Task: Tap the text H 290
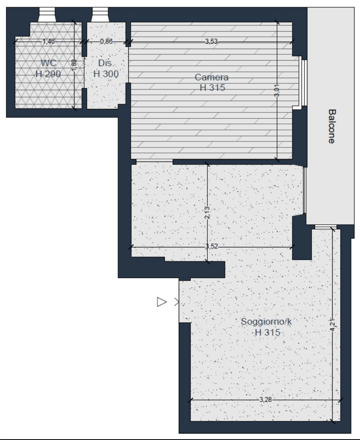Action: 48,74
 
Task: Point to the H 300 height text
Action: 106,74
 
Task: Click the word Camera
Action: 212,77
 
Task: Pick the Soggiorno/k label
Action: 266,321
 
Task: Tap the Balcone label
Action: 332,126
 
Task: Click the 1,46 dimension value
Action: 48,41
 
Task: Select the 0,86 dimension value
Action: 106,41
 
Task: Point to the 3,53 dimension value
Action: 211,41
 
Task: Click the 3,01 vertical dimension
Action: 277,92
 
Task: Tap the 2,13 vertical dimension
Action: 207,213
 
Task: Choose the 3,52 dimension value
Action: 212,246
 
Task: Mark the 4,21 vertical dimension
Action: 333,325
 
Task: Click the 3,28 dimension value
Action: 266,399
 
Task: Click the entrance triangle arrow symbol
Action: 162,302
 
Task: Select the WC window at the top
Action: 47,15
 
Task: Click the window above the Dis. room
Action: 100,15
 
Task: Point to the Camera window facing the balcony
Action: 304,83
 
